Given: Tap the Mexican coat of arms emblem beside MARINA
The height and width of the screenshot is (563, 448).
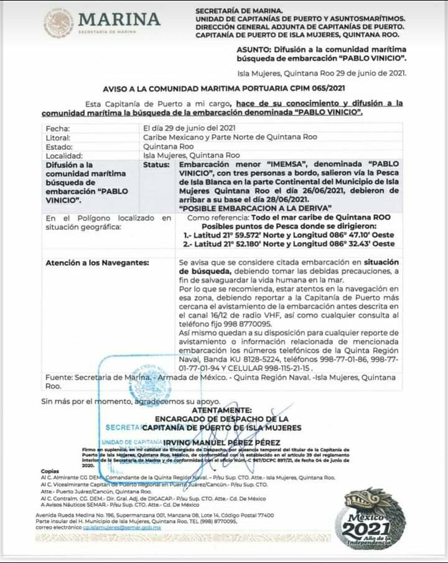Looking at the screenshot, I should click(58, 22).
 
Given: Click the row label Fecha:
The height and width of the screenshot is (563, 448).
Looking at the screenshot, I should click(57, 128).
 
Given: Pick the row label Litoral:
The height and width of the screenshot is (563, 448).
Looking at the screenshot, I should click(58, 137).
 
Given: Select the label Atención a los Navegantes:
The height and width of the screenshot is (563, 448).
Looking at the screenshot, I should click(97, 263).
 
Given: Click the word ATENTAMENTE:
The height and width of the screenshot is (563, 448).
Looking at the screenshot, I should click(222, 410).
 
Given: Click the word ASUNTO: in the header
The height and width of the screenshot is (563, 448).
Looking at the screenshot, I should click(254, 49).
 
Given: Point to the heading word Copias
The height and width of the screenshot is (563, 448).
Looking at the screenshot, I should click(50, 471).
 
